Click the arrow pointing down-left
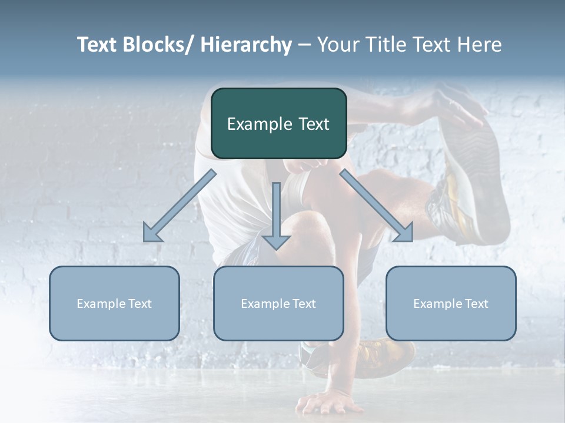(177, 208)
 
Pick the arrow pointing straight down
(276, 217)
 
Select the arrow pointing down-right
(379, 208)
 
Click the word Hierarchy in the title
(247, 45)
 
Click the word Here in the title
(480, 45)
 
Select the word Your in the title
(338, 45)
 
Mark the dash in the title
(304, 45)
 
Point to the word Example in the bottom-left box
(100, 304)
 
